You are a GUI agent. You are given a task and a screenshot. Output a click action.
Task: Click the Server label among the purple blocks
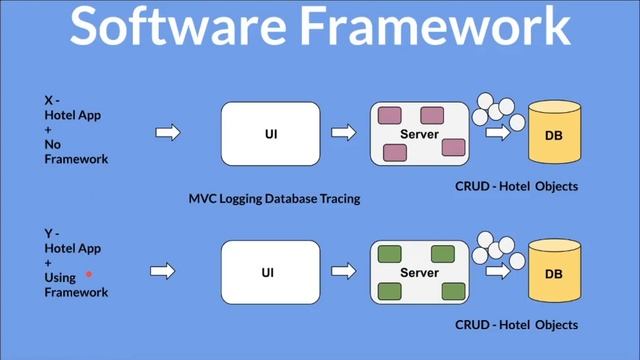click(420, 133)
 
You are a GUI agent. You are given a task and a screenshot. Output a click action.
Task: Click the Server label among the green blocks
click(420, 272)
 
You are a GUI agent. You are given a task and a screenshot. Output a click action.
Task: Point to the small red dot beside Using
click(89, 273)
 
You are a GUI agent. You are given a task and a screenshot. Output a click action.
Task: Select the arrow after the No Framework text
click(168, 132)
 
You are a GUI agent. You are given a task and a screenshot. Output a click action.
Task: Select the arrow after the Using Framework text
click(162, 271)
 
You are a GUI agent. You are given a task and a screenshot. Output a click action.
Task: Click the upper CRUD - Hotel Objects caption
click(516, 187)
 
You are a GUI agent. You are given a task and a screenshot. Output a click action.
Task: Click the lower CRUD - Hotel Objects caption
click(516, 325)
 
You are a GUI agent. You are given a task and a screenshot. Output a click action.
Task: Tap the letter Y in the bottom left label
click(48, 233)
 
